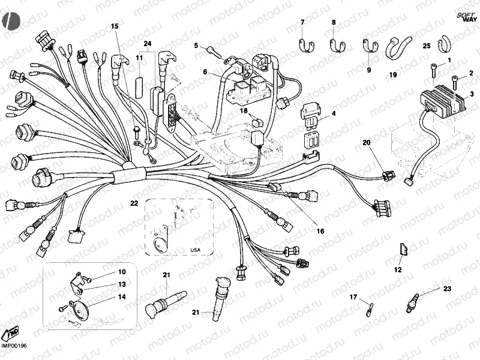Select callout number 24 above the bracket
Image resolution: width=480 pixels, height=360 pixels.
pos(148,43)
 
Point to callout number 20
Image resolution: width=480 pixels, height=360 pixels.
pos(367,142)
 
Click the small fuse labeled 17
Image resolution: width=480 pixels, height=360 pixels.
pos(368,310)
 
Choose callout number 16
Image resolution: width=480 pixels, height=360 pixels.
pos(320,231)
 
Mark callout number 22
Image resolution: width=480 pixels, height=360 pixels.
pos(134,203)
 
